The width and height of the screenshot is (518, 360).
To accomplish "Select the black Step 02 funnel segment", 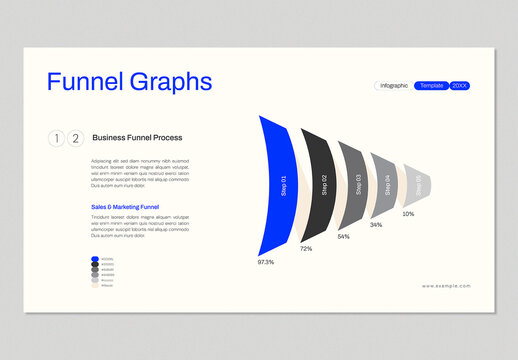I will click(x=318, y=184).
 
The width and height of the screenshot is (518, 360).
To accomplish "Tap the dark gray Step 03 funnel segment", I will click(x=353, y=183).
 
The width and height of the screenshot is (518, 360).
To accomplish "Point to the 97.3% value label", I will click(x=266, y=262).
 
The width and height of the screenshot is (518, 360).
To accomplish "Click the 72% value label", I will click(x=306, y=248).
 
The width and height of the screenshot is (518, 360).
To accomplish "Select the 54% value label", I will click(x=343, y=237).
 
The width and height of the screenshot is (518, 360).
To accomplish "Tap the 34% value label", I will click(x=376, y=225).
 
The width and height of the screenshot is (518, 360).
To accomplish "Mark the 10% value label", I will click(x=408, y=214).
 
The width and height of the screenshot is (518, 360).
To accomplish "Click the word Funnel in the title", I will click(x=85, y=82).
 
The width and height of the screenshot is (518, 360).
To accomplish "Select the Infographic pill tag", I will click(x=394, y=86).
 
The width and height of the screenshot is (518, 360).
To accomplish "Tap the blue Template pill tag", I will click(x=432, y=86).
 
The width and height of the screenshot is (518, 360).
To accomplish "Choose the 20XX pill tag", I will click(x=460, y=86).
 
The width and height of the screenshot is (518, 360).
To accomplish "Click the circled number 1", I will click(x=56, y=138).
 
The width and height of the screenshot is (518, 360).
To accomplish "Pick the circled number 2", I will click(x=74, y=138).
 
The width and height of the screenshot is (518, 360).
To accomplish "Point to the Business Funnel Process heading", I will click(x=137, y=138).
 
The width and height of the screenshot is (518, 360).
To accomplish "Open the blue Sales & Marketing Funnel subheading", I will click(x=125, y=207).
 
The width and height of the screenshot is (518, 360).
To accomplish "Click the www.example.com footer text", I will click(x=446, y=286).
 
